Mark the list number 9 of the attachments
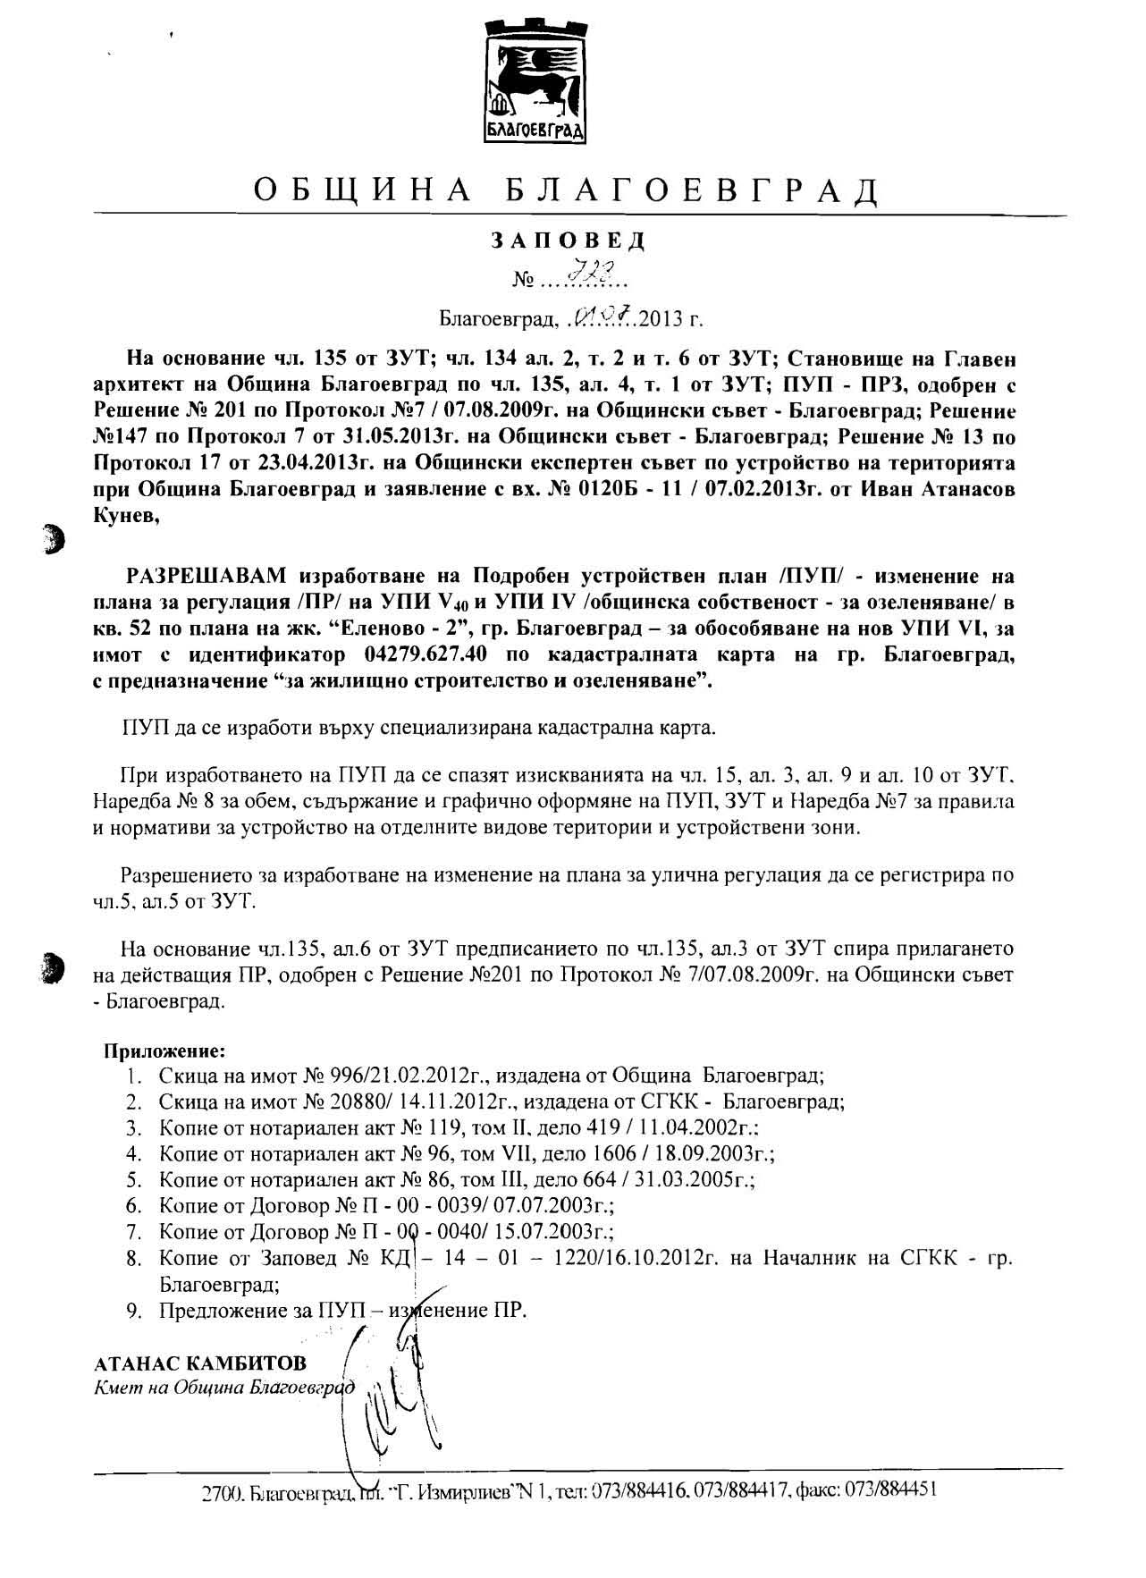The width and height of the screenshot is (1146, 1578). pos(132,1311)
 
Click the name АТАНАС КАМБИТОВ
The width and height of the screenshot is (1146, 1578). pos(199,1363)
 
